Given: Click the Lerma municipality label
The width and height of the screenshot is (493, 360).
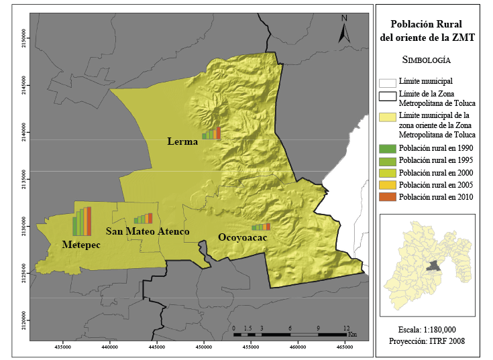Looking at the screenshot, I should tap(182, 141).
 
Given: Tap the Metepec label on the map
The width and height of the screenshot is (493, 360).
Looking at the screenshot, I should tap(80, 245).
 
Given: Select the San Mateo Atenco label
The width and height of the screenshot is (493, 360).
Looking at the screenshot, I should tap(148, 231).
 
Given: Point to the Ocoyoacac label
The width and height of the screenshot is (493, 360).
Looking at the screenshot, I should tap(242, 237).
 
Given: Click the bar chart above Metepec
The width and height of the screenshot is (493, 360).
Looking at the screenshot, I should tap(81, 221).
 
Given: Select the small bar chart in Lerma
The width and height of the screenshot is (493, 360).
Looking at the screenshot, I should tap(213, 133).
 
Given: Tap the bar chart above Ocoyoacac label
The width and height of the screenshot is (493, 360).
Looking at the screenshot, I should tap(261, 227).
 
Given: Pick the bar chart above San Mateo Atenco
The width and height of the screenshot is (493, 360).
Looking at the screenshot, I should tap(143, 219).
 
